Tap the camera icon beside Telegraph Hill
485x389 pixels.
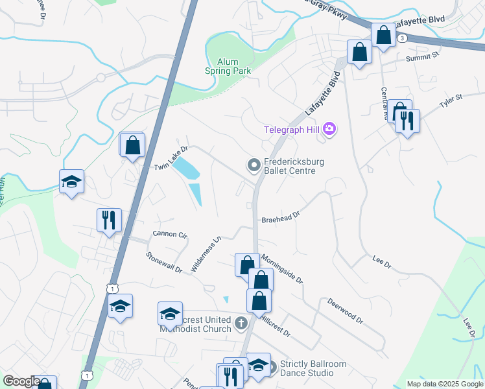point(329,129)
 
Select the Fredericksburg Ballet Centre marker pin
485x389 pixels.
point(253,166)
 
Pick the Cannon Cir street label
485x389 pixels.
point(169,233)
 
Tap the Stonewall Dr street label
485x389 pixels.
point(164,263)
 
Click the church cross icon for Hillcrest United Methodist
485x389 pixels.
point(241,323)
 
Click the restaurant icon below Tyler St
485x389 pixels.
point(407,121)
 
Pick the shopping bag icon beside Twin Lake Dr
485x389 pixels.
point(132,145)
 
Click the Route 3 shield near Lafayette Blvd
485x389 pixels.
point(403,38)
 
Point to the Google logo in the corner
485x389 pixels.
point(21,381)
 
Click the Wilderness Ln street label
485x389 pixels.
point(207,253)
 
